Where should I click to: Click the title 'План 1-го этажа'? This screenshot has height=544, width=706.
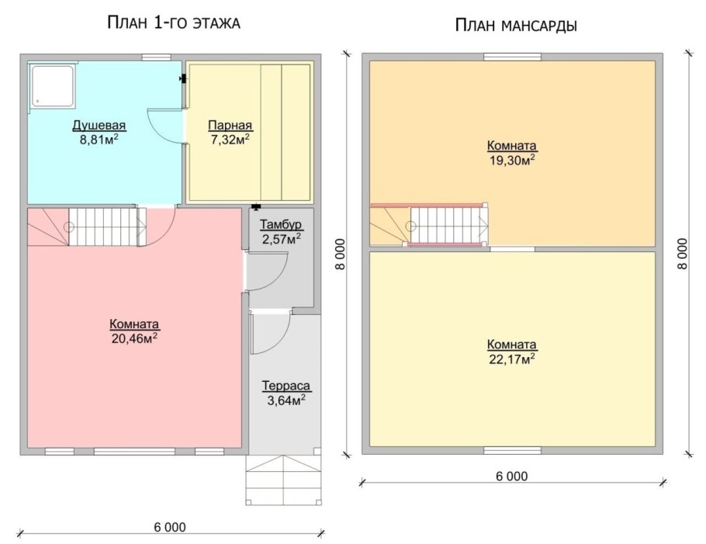pyautogui.click(x=174, y=23)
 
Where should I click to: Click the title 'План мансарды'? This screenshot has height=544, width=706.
pyautogui.click(x=515, y=26)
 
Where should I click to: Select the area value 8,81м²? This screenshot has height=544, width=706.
pyautogui.click(x=99, y=140)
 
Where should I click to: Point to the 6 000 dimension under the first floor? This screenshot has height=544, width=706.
pyautogui.click(x=171, y=527)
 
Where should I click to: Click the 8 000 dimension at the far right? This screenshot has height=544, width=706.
pyautogui.click(x=683, y=253)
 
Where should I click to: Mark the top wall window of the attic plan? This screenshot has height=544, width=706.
pyautogui.click(x=512, y=56)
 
